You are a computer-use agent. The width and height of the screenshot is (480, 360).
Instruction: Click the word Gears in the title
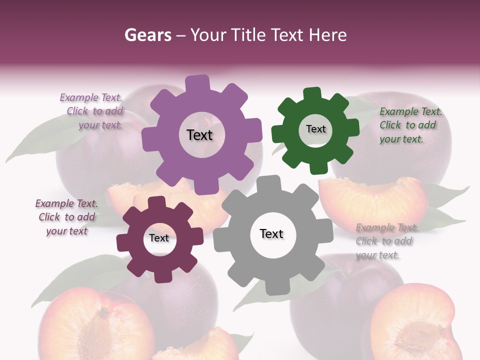pos(147,35)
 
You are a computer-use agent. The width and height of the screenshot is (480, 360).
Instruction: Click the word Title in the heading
pos(249,35)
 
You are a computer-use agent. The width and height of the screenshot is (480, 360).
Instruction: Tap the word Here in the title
pos(327,35)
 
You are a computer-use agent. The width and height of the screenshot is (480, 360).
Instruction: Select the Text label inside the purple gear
pos(200,135)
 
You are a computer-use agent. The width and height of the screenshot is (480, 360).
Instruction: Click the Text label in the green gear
pos(315,129)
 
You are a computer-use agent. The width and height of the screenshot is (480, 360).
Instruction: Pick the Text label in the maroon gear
pos(159,238)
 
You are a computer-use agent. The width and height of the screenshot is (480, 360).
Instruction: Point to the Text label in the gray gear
pos(271,233)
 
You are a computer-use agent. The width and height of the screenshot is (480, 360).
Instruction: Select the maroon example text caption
pos(67,217)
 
